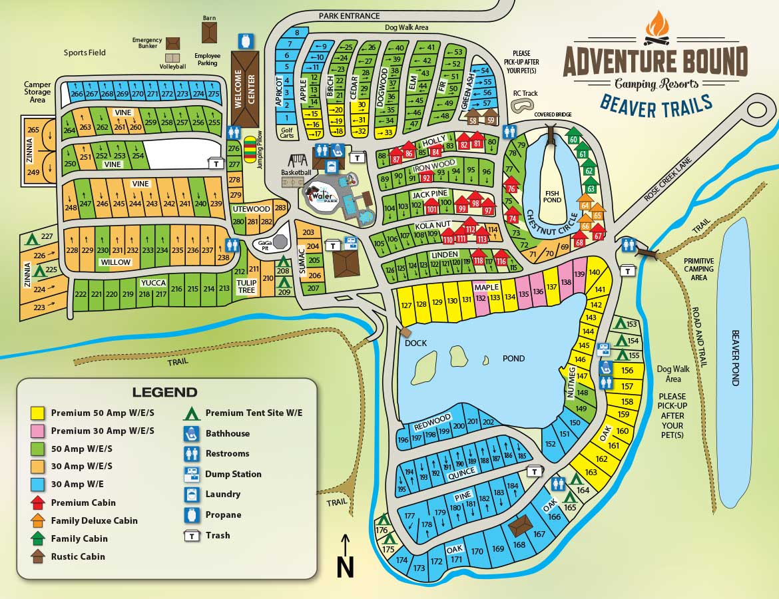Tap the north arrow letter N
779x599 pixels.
coord(344,567)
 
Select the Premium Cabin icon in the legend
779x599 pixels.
coord(39,502)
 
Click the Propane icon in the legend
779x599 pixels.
coord(192,514)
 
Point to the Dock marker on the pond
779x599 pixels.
coord(407,331)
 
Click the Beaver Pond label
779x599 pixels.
coord(736,357)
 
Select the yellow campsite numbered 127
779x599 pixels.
coord(405,305)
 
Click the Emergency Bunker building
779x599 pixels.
coord(173,43)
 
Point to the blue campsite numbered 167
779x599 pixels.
coord(539,534)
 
